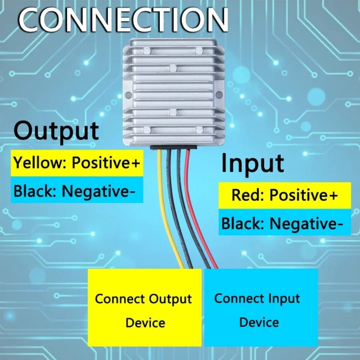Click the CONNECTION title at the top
[x=123, y=20]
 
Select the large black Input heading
[x=252, y=164]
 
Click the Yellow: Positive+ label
[x=76, y=162]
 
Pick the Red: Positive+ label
[x=285, y=195]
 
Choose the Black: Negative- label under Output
[x=74, y=191]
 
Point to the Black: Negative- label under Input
[x=282, y=223]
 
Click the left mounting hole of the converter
[x=128, y=94]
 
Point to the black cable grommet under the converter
[x=174, y=148]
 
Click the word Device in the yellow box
[x=145, y=322]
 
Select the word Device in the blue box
[x=259, y=322]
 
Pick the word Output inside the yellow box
[x=170, y=299]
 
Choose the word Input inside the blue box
[x=284, y=299]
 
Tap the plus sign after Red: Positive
[x=333, y=195]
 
